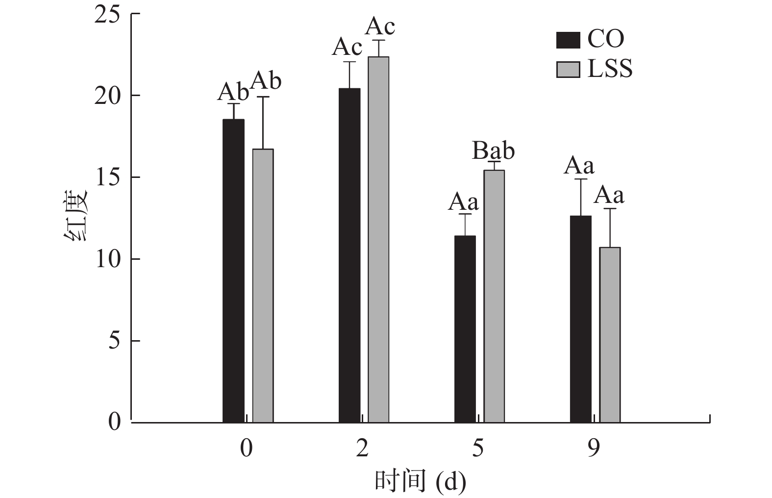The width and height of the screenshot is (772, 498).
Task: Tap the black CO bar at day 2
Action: (349, 255)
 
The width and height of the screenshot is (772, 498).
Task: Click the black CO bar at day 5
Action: (465, 328)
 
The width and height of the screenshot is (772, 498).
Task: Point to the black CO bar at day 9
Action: (580, 319)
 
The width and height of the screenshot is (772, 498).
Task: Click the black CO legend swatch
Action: (568, 40)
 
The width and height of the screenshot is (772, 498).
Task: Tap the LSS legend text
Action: (610, 69)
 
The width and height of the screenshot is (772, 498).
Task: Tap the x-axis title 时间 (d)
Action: (420, 482)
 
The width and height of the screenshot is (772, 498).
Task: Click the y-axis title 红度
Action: (76, 216)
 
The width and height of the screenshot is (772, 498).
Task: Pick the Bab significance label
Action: (493, 151)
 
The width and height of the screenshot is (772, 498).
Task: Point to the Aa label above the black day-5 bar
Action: (463, 202)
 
